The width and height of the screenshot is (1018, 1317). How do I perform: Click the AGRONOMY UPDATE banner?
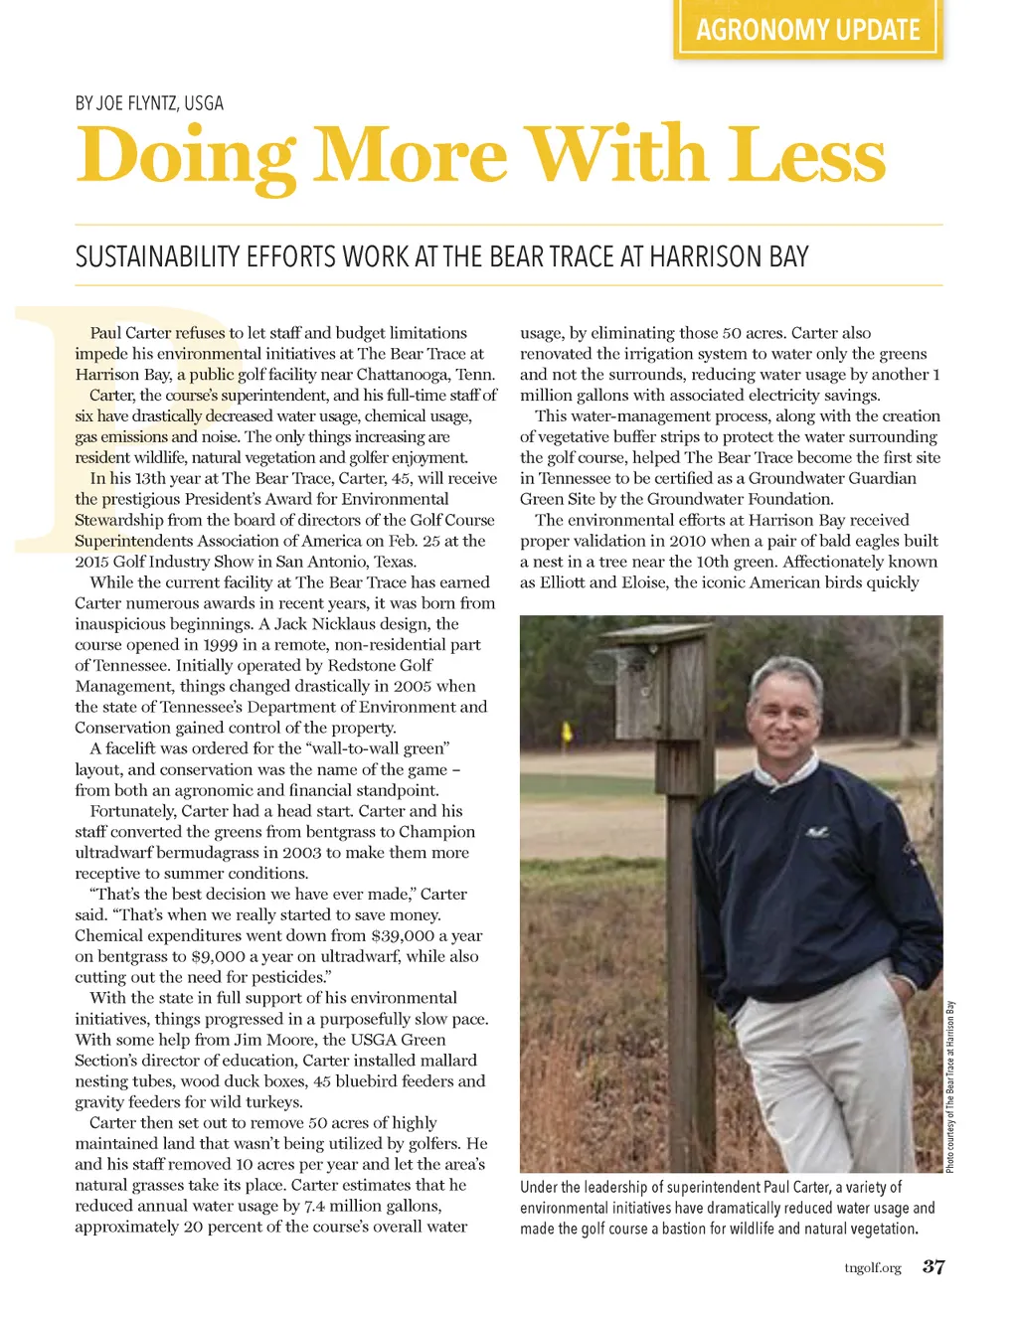tap(807, 30)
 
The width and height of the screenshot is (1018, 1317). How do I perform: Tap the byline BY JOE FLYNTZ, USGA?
tap(149, 103)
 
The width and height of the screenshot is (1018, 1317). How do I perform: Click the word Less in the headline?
tap(805, 156)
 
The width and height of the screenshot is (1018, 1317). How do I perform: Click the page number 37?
tap(933, 1266)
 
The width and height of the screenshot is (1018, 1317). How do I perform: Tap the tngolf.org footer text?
tap(872, 1267)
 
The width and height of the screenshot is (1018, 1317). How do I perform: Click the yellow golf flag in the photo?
tap(568, 734)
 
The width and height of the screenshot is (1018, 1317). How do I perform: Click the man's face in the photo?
tap(785, 715)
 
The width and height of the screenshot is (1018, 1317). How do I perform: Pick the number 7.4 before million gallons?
tap(315, 1206)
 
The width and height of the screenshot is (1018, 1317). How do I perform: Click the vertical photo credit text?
tap(950, 1086)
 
